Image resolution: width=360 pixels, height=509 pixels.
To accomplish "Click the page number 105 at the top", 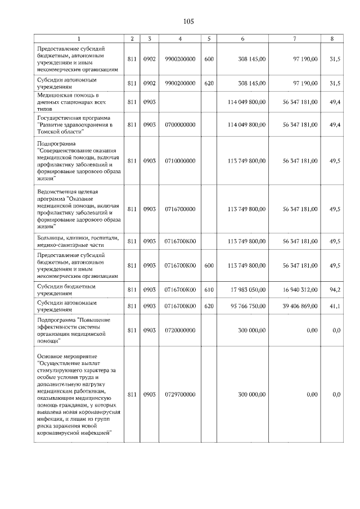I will pos(188,21).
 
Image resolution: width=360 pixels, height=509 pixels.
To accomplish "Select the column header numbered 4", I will pos(180,38).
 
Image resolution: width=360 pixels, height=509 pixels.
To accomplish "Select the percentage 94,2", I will pos(335,290).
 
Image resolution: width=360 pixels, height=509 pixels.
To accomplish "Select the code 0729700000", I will pos(180,395).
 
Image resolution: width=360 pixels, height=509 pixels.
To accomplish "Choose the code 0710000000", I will pos(180,161).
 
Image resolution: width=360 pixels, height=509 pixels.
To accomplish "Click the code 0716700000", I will pos(180,209).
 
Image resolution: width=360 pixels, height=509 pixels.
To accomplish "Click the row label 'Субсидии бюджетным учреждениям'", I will pos(66,290).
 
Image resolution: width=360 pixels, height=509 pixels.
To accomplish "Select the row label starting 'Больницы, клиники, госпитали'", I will pos(78,241).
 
